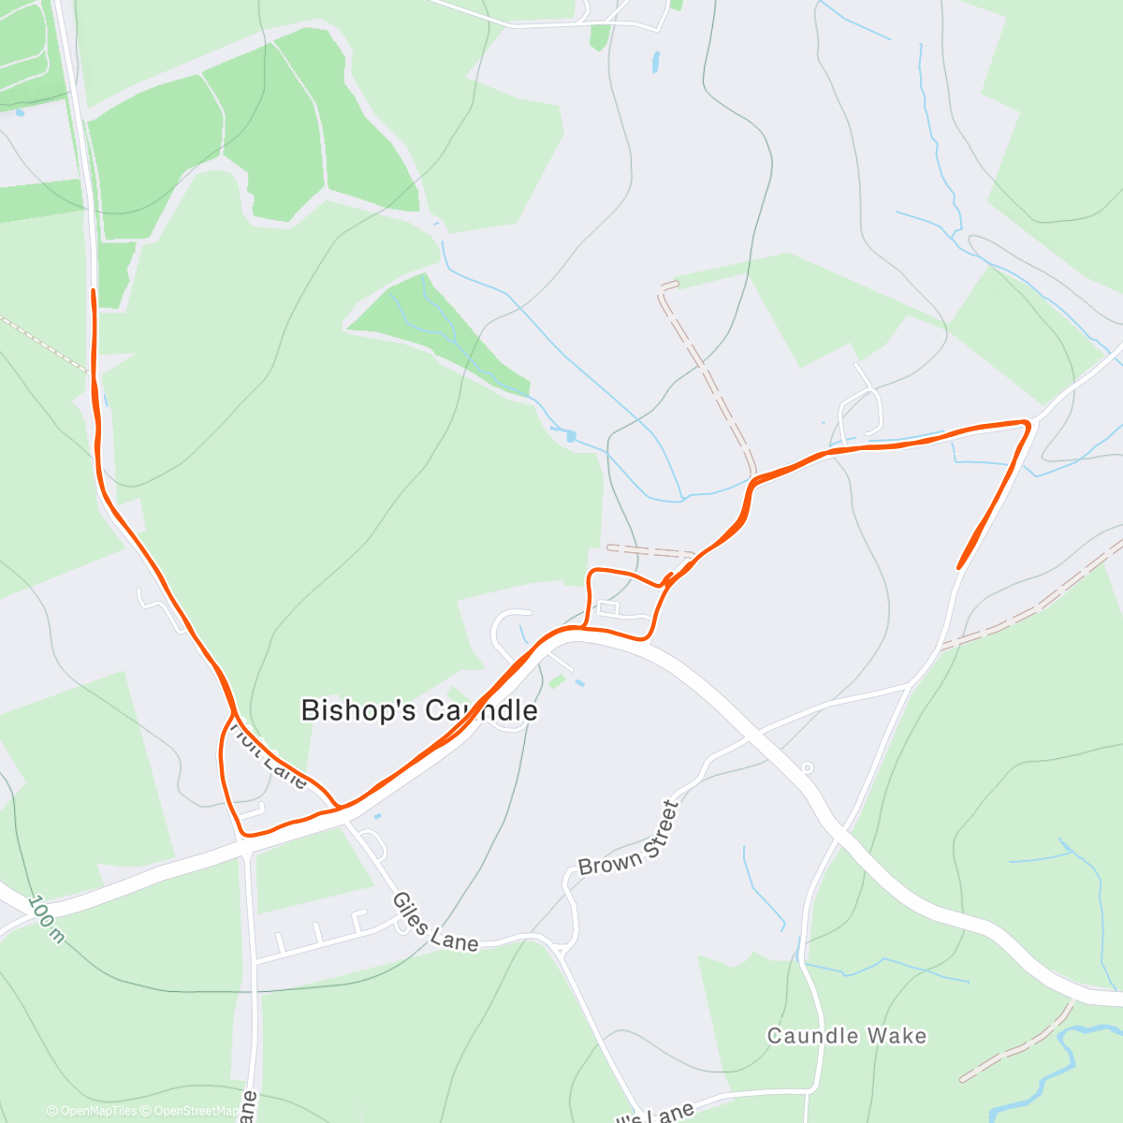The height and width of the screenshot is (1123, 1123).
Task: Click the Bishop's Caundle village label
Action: (418, 710)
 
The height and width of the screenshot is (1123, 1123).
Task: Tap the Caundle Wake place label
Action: (846, 1035)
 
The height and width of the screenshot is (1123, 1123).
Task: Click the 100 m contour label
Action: (46, 919)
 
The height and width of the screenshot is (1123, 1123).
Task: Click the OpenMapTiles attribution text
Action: (92, 1111)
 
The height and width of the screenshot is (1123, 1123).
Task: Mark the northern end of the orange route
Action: (93, 291)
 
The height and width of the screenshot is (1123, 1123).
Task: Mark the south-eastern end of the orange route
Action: (959, 567)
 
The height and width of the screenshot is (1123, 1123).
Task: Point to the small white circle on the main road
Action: (807, 768)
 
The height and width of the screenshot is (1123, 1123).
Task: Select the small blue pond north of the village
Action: (570, 435)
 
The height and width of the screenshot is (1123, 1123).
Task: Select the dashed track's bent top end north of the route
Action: (667, 284)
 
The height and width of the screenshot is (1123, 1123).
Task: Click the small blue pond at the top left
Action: (18, 112)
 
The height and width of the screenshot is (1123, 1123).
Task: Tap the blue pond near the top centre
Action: (655, 64)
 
